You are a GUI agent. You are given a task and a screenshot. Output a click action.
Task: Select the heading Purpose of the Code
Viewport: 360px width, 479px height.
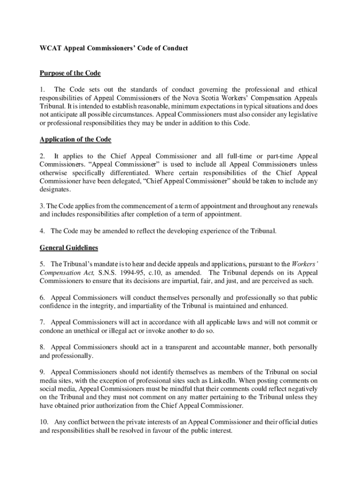pos(70,73)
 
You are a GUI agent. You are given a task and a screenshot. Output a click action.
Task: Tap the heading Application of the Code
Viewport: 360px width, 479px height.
pos(75,140)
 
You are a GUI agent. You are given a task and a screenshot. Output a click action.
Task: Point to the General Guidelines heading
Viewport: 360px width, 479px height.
pos(69,248)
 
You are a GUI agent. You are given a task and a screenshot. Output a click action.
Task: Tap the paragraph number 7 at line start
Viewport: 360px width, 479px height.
pos(42,322)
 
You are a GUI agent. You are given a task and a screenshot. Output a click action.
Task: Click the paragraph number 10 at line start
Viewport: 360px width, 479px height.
pos(43,422)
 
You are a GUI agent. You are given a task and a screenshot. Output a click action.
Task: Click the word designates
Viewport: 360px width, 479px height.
pos(55,189)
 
